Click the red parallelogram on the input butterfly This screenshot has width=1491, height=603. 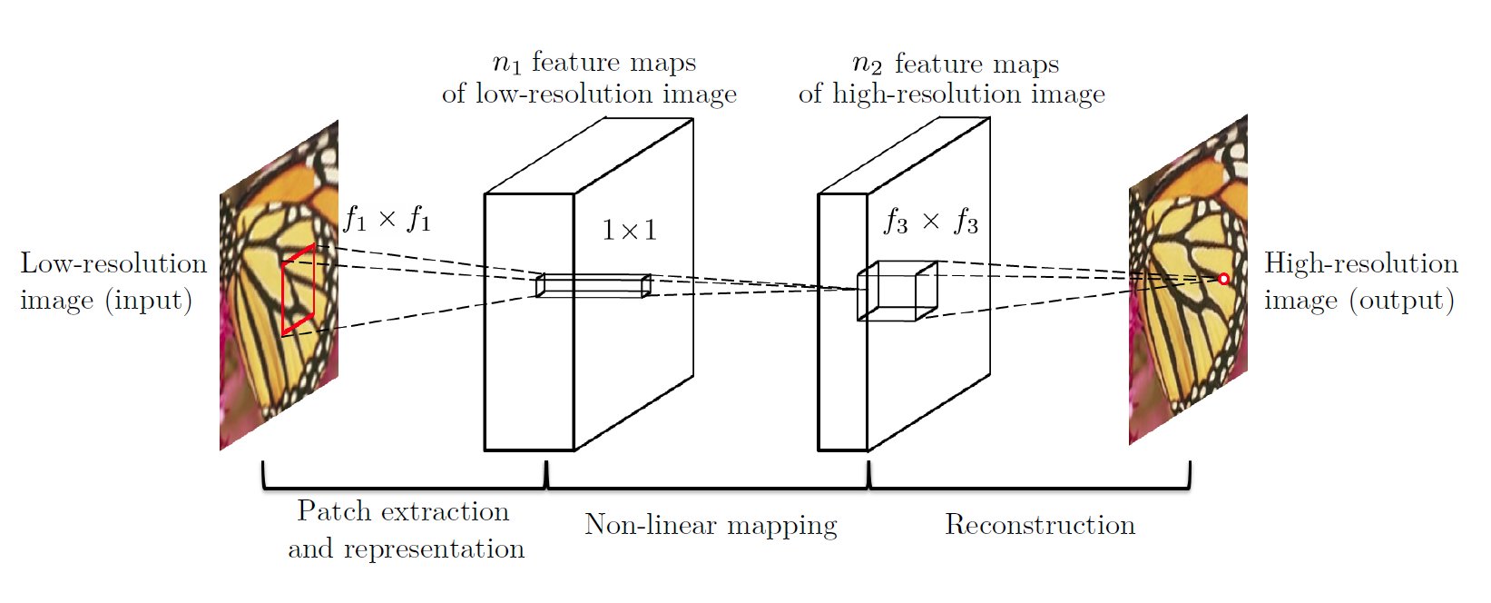pos(298,290)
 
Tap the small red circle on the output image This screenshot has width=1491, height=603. pos(1223,279)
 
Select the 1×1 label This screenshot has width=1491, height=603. pos(629,230)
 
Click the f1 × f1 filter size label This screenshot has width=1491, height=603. pos(387,219)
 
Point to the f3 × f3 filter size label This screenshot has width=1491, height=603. pos(931,222)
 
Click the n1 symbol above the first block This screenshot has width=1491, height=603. pos(506,63)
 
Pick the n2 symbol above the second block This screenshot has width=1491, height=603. pos(868,64)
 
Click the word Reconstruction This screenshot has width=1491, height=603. pos(1040,525)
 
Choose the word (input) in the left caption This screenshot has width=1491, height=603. pos(149,301)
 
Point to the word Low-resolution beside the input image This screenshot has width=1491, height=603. pos(113,263)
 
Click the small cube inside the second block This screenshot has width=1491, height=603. pos(897,291)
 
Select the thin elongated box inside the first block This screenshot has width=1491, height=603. pos(593,285)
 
